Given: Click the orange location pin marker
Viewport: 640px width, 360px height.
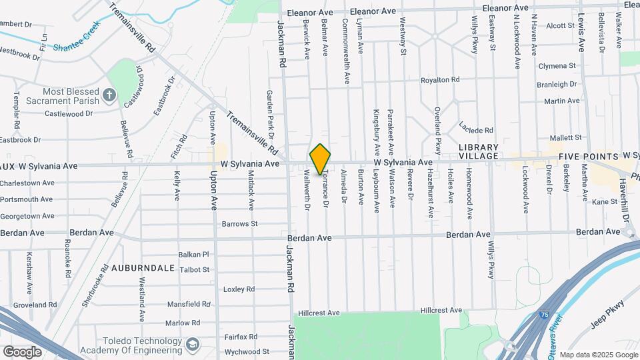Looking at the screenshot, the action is [x=320, y=159].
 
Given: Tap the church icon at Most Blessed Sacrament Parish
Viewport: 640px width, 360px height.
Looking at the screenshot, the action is [x=110, y=96].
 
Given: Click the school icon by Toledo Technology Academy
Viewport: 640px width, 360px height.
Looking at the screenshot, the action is [x=193, y=345].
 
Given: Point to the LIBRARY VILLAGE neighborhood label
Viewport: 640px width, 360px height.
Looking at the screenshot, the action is [x=479, y=151].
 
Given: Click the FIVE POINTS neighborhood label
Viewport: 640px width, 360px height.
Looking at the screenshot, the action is [x=587, y=156].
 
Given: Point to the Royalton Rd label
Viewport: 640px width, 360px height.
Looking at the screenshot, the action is [x=440, y=80].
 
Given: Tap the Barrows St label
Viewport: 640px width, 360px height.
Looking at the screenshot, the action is [x=239, y=224].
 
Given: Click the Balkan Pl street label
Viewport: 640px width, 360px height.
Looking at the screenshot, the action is [x=194, y=255].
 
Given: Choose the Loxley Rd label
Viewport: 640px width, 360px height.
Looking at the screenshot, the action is [x=239, y=289].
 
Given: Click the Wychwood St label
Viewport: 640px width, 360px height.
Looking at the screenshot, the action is [x=246, y=351].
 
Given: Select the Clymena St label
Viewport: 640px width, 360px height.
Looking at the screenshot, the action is [x=557, y=66].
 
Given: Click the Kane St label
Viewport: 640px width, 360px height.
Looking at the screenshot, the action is [x=605, y=201].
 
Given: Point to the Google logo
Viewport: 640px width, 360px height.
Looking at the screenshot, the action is [x=21, y=351].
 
